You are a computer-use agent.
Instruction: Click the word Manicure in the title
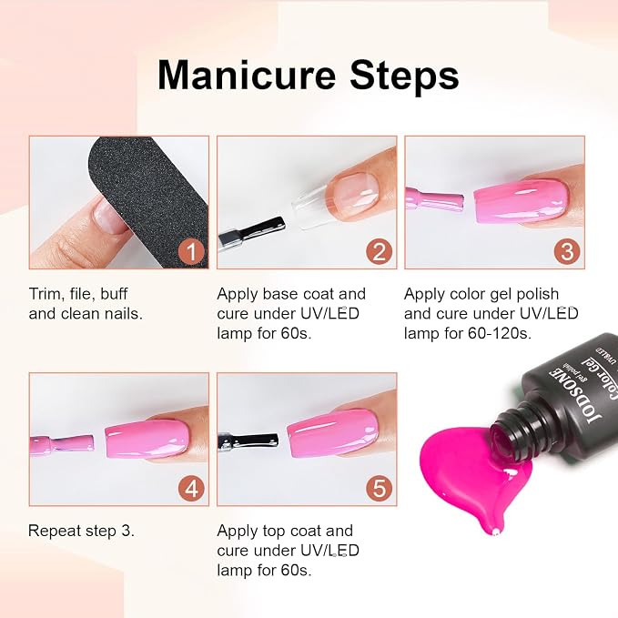click(x=247, y=75)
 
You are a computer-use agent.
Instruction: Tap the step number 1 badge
click(x=191, y=251)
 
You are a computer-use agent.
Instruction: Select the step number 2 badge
click(x=380, y=251)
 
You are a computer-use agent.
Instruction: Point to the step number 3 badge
click(x=567, y=251)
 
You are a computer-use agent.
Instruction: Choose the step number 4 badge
click(x=191, y=489)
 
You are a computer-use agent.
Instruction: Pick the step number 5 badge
click(x=380, y=489)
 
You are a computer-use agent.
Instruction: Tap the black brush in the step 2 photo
click(x=250, y=232)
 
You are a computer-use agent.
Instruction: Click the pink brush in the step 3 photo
click(x=434, y=198)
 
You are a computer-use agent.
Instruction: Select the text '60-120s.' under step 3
click(x=500, y=334)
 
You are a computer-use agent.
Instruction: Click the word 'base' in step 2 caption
click(x=279, y=294)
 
